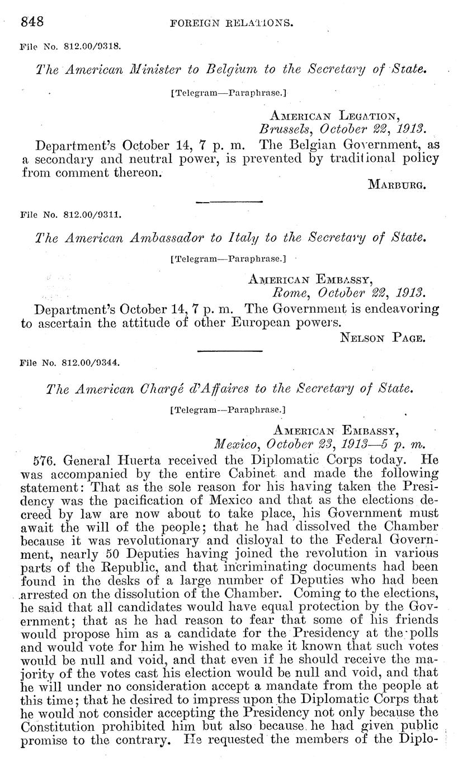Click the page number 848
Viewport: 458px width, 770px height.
click(32, 22)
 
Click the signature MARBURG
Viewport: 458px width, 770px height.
click(398, 185)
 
